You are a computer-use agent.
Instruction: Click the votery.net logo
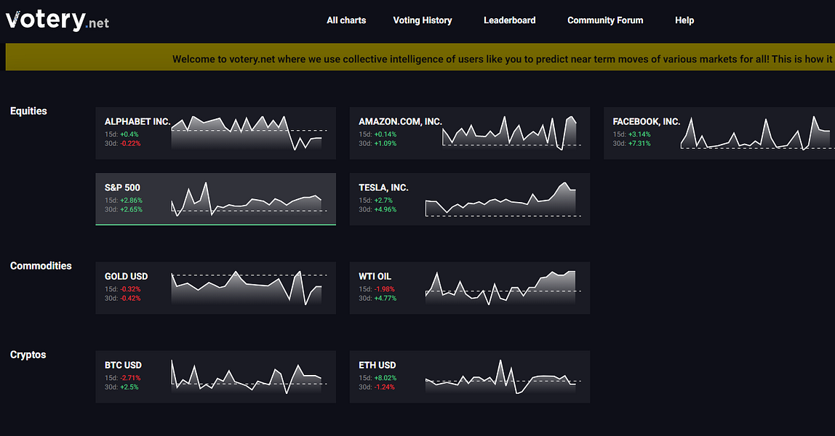click(x=57, y=20)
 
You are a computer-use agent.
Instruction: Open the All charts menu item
click(x=346, y=20)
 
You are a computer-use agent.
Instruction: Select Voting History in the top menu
click(x=423, y=20)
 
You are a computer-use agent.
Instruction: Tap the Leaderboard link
click(x=510, y=20)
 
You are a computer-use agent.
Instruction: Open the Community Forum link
click(x=605, y=20)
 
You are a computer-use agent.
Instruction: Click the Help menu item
click(x=684, y=20)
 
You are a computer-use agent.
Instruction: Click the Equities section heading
click(x=29, y=111)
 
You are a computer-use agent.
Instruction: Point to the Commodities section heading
click(x=41, y=266)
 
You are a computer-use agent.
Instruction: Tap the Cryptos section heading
click(x=28, y=355)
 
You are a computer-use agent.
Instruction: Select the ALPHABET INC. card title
click(x=137, y=122)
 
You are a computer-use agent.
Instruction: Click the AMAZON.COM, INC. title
click(x=401, y=122)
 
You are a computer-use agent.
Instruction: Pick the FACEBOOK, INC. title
click(x=647, y=122)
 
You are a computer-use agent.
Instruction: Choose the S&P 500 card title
click(x=122, y=187)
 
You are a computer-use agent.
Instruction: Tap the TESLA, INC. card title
click(x=383, y=187)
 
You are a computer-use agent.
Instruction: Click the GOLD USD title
click(x=127, y=276)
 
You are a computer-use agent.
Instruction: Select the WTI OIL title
click(x=375, y=276)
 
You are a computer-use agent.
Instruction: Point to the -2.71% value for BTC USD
click(x=130, y=378)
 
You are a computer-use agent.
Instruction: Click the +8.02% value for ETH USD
click(x=385, y=378)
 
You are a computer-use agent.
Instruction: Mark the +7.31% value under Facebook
click(x=639, y=144)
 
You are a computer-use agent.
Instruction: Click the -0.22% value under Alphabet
click(x=130, y=144)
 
